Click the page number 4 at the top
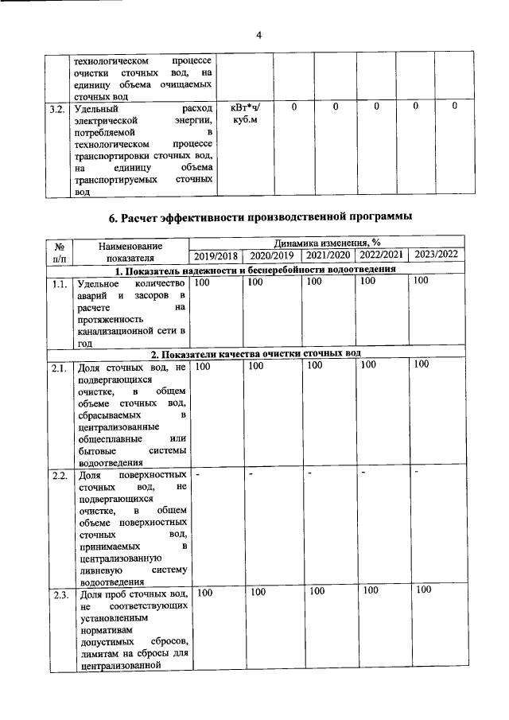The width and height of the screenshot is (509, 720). click(x=258, y=34)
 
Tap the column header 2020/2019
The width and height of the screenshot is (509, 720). click(x=271, y=255)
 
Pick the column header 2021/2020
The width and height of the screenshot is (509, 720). click(x=328, y=255)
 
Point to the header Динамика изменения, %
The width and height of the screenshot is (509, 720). click(x=326, y=243)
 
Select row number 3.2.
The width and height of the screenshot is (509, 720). click(x=56, y=107)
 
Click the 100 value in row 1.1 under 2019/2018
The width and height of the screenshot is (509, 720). click(x=204, y=281)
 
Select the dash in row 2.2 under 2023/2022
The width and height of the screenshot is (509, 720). click(x=417, y=473)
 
